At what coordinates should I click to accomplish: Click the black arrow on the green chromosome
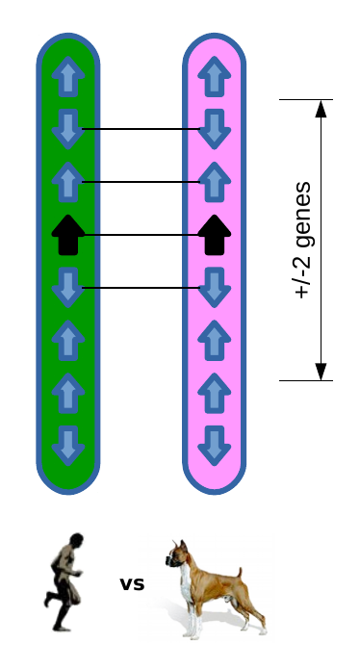[x=67, y=234]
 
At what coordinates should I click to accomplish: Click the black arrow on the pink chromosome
[x=215, y=234]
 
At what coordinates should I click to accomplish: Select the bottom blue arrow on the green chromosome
[x=67, y=444]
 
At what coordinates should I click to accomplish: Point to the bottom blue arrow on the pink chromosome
[x=215, y=444]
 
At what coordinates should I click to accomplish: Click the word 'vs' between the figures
[x=132, y=583]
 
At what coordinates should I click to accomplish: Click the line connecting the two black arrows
[x=141, y=234]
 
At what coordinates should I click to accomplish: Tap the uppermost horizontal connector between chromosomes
[x=141, y=129]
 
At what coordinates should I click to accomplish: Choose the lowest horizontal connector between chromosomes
[x=141, y=287]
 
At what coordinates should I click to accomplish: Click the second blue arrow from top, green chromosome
[x=67, y=129]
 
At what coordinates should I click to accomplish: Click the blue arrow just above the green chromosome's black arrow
[x=67, y=181]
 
